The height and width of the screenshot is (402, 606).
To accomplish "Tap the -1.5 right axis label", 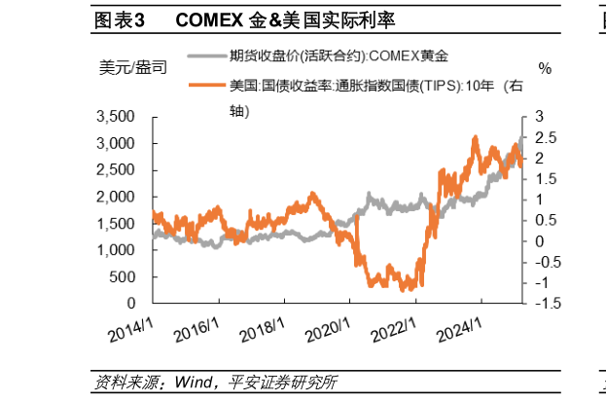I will [543, 304].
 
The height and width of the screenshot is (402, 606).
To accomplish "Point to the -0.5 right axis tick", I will [543, 262].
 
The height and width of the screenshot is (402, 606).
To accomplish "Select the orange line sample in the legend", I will [205, 86].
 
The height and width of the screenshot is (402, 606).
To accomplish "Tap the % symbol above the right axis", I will [544, 68].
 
